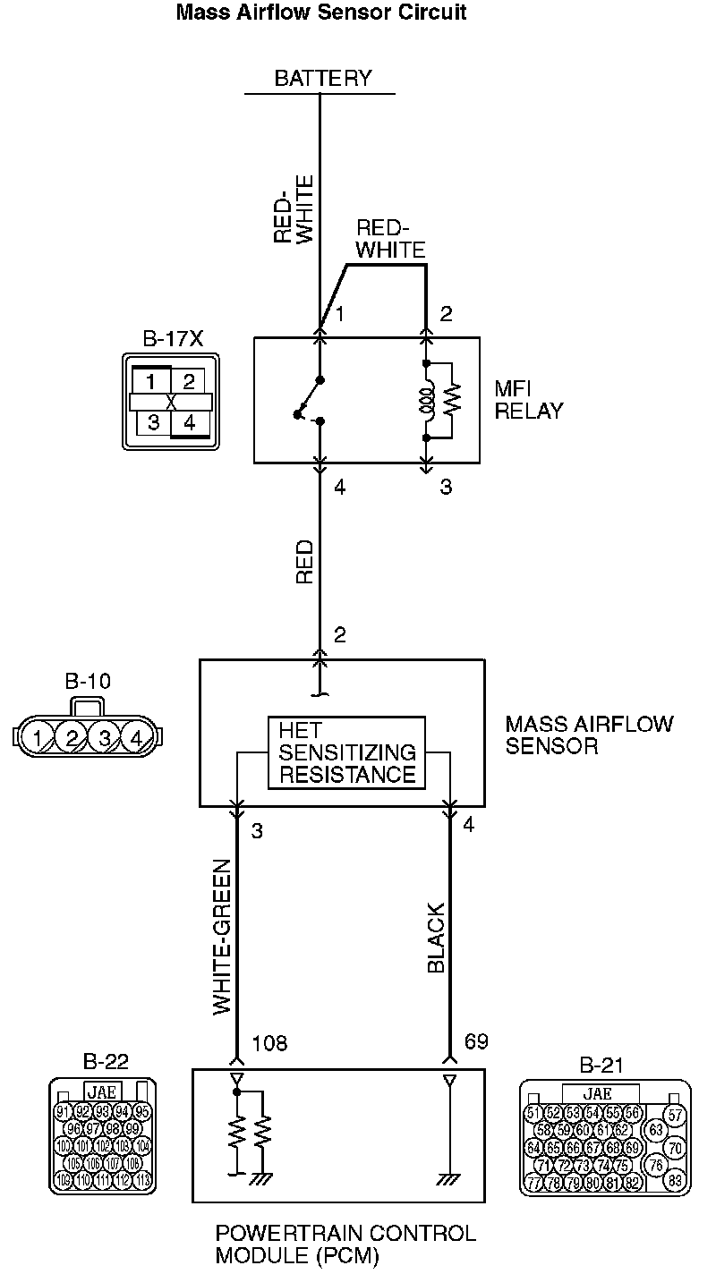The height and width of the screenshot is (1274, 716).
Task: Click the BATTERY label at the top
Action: (x=322, y=78)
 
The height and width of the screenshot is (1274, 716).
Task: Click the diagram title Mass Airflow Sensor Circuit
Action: (x=321, y=13)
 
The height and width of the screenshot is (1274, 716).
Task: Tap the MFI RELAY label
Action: (x=529, y=401)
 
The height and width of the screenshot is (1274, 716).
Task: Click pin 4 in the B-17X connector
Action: (x=190, y=421)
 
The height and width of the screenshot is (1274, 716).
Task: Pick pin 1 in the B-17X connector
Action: (x=151, y=382)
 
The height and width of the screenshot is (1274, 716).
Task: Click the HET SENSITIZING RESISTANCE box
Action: (x=347, y=752)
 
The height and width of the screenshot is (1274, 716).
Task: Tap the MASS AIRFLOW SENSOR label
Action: (x=589, y=734)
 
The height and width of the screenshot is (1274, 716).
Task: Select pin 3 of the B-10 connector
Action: (x=105, y=738)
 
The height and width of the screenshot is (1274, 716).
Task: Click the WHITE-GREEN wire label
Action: (x=223, y=937)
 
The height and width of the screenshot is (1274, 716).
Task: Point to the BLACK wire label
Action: (x=436, y=937)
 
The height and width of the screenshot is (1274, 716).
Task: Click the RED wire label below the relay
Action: (x=305, y=562)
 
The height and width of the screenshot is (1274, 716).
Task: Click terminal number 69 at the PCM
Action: (x=477, y=1043)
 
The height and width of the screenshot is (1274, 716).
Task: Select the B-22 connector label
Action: (x=106, y=1062)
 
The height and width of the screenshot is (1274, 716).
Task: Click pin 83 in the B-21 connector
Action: (x=676, y=1180)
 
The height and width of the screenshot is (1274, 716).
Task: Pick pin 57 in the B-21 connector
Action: (x=676, y=1115)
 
